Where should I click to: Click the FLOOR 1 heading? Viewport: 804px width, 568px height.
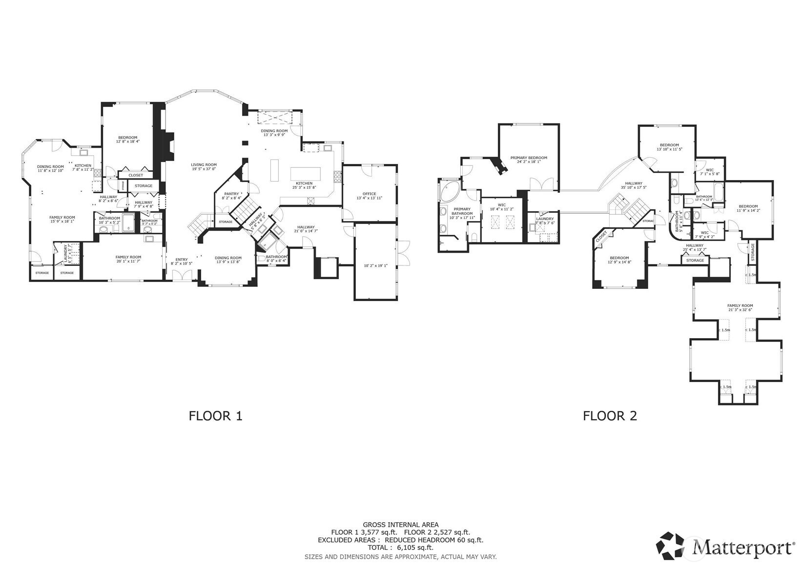click(215, 416)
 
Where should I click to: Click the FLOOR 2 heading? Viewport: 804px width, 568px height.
click(610, 416)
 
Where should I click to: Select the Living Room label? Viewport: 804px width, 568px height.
click(204, 165)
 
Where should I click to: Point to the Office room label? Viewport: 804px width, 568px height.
click(369, 194)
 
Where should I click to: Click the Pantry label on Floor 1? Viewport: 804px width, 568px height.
click(231, 194)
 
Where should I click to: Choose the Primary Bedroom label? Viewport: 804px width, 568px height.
click(529, 158)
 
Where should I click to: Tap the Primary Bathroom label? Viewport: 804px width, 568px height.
click(462, 211)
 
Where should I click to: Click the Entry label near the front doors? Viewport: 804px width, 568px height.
click(181, 260)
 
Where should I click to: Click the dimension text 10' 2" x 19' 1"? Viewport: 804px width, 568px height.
click(375, 266)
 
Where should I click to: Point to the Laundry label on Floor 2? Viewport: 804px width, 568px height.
click(545, 219)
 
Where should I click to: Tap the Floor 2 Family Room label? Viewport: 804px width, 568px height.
click(740, 305)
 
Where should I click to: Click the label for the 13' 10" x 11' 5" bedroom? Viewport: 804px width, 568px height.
click(669, 145)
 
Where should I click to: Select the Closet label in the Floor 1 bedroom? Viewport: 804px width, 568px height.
click(136, 175)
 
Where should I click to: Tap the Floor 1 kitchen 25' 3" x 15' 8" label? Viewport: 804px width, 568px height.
click(304, 183)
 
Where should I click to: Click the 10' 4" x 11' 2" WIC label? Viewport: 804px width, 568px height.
click(501, 205)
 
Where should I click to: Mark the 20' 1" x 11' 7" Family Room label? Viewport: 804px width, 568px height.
click(128, 257)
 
